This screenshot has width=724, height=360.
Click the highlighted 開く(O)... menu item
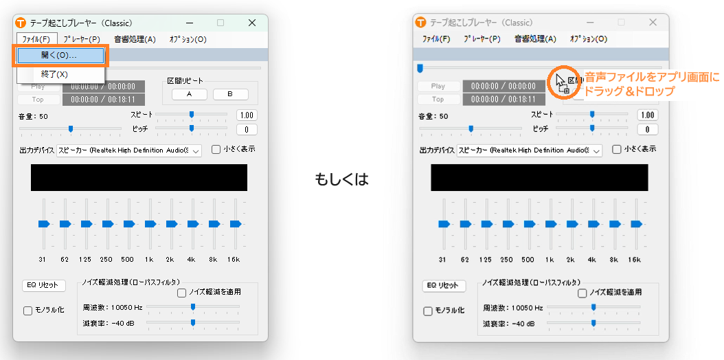[60, 56]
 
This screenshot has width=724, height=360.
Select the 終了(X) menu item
[54, 74]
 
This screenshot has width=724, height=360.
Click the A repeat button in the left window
[190, 94]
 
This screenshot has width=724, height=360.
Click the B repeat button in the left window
[230, 94]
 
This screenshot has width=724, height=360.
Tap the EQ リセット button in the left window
[44, 285]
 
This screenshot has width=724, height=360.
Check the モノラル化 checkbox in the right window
[428, 311]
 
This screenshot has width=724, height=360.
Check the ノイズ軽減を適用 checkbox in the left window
[181, 293]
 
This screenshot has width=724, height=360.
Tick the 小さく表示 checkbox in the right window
[616, 150]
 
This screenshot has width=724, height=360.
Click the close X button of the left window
[251, 23]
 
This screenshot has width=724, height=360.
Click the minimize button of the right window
[590, 23]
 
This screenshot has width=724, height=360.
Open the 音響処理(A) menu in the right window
[536, 39]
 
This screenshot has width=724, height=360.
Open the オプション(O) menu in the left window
[188, 39]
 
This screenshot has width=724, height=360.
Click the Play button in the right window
[438, 87]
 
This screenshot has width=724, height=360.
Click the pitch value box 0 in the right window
[647, 130]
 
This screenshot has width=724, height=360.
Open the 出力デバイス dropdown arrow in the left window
[196, 150]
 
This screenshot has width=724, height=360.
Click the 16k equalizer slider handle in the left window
[236, 224]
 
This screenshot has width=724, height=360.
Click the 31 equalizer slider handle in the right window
[444, 224]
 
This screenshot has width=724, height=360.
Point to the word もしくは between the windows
[341, 179]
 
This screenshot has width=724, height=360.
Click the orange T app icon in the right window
[420, 22]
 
